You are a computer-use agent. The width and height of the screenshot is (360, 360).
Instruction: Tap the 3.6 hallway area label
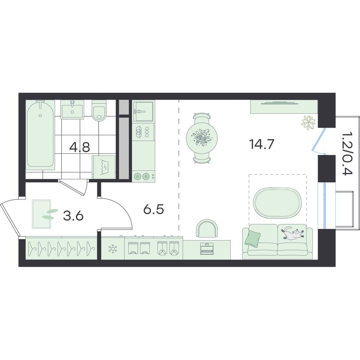(x=73, y=216)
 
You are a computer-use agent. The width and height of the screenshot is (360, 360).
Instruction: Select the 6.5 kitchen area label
(x=154, y=210)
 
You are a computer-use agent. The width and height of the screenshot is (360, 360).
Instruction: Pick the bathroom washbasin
(x=72, y=109)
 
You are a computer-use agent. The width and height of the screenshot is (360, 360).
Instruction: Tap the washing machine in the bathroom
(x=104, y=167)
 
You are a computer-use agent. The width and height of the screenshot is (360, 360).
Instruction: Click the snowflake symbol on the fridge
(x=113, y=249)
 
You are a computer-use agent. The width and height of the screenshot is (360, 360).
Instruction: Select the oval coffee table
(x=278, y=203)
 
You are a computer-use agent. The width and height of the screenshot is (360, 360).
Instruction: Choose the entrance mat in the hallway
(x=41, y=214)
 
